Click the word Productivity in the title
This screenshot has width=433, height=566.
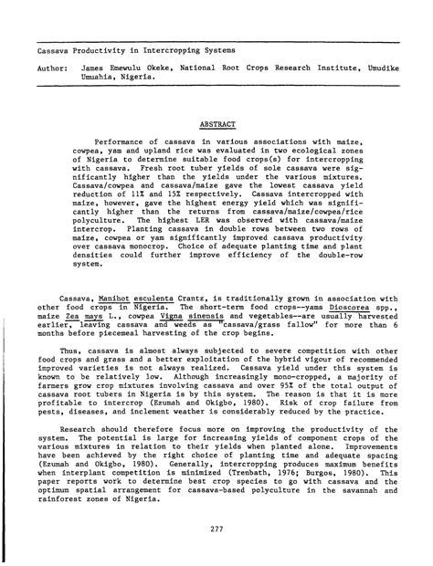coord(105,47)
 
